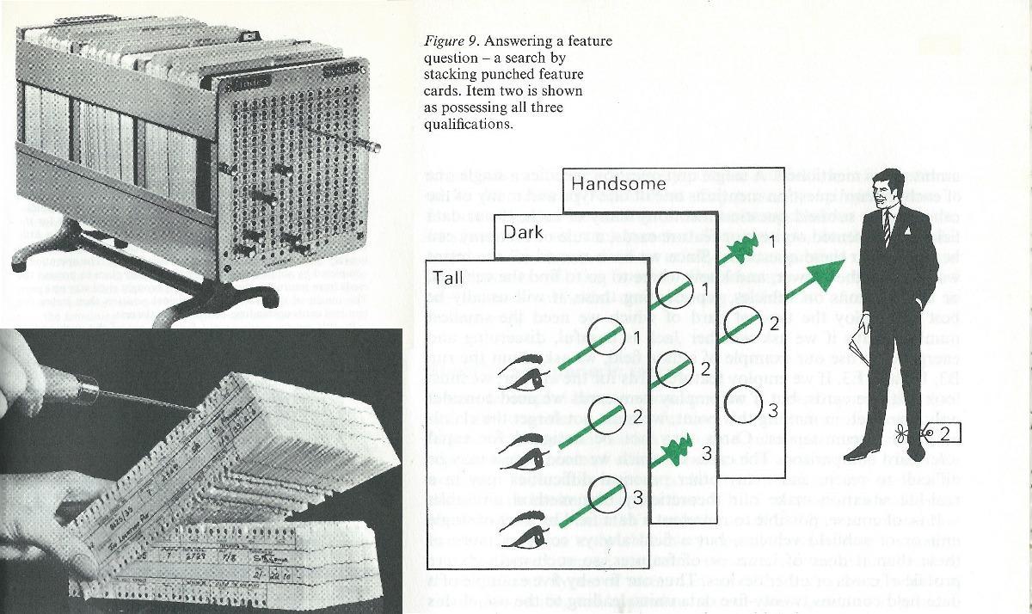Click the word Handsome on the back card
(618, 184)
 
